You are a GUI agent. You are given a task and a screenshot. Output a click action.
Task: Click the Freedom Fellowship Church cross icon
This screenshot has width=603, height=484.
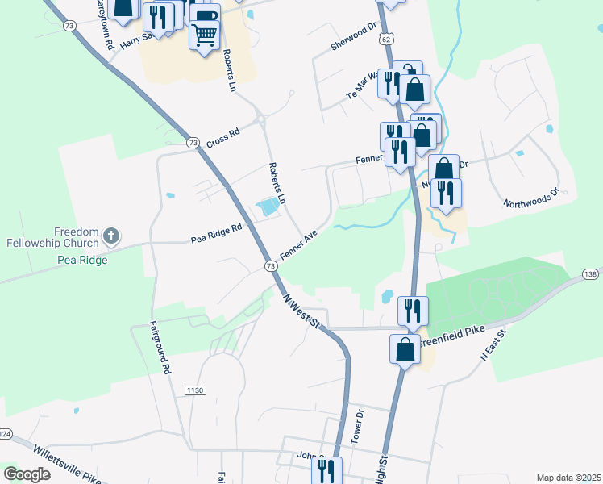click(x=111, y=237)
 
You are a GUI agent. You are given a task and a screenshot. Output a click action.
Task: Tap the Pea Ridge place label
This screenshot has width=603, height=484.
click(x=81, y=261)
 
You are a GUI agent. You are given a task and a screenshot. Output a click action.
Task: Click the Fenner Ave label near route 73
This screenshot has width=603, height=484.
click(x=299, y=243)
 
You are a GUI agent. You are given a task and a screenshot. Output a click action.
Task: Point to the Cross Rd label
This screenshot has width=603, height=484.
click(x=223, y=137)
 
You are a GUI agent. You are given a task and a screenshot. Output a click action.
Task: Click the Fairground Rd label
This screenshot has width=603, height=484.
click(x=161, y=348)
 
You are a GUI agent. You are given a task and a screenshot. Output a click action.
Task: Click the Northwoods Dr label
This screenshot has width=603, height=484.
click(x=530, y=198)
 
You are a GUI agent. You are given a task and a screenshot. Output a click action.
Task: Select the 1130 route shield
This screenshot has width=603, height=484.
click(x=195, y=390)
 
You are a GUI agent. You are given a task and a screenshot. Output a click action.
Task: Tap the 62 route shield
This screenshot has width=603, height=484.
click(x=387, y=38)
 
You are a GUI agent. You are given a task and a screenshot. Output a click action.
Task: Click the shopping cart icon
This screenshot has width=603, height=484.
click(x=205, y=34)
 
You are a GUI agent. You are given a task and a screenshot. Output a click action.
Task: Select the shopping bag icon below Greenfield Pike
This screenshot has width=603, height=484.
click(x=405, y=350)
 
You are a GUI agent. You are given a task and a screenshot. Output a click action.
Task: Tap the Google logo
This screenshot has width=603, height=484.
click(x=27, y=474)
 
